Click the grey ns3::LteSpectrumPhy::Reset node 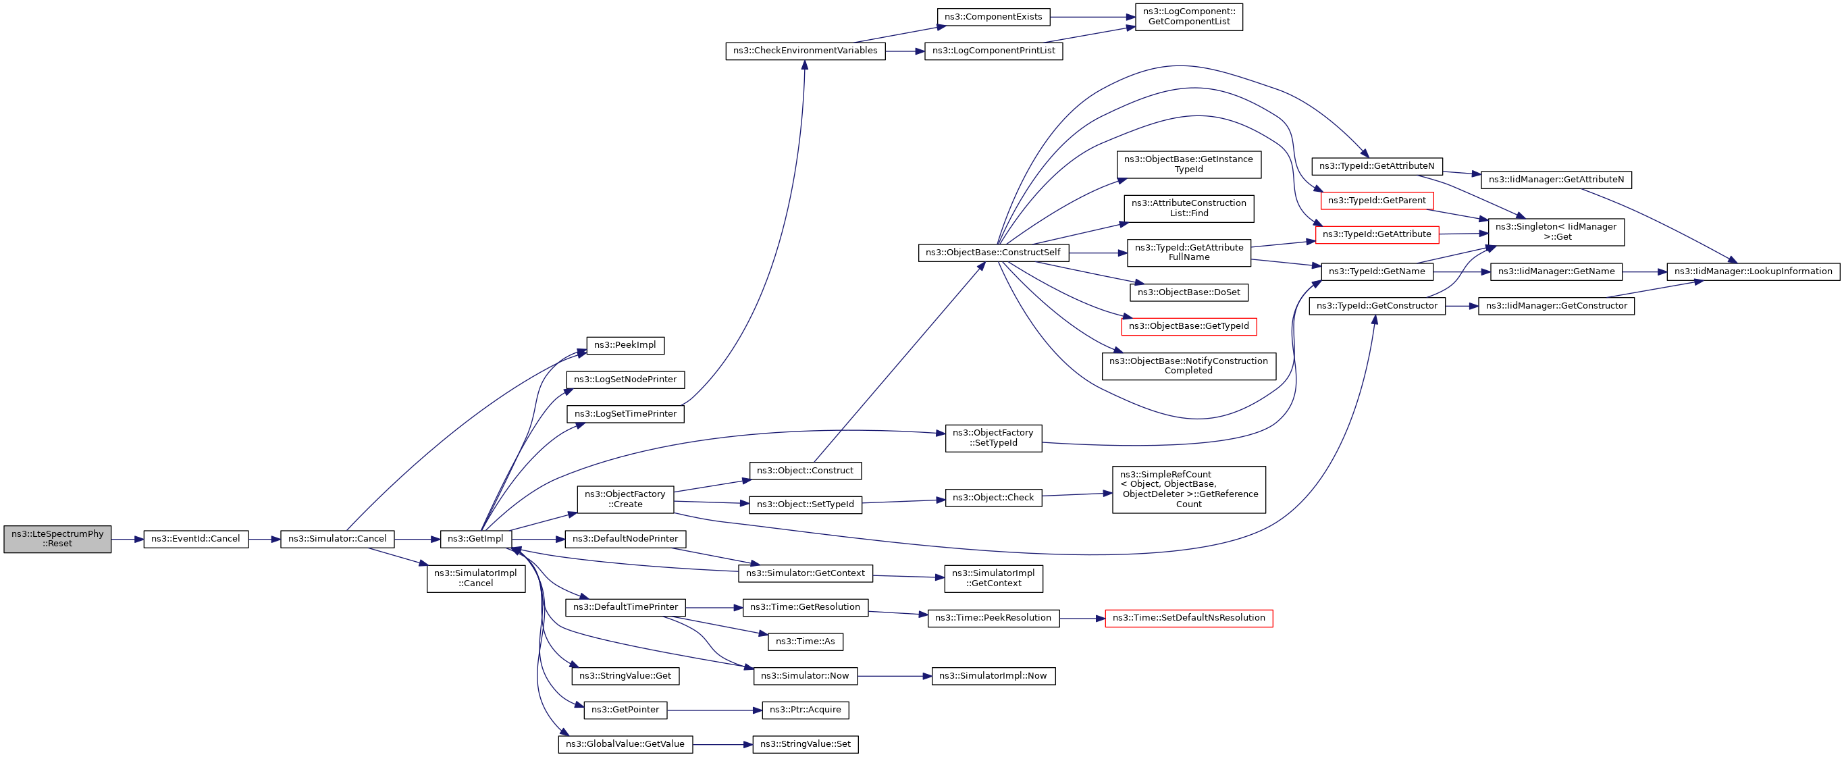pyautogui.click(x=57, y=539)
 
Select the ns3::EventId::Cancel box pyautogui.click(x=195, y=540)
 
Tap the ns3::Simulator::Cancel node pyautogui.click(x=337, y=540)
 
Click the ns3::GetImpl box pyautogui.click(x=475, y=540)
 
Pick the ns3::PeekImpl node pyautogui.click(x=625, y=345)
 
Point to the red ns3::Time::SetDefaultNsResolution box pyautogui.click(x=1188, y=618)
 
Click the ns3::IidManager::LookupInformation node pyautogui.click(x=1752, y=271)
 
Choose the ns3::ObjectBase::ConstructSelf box pyautogui.click(x=993, y=253)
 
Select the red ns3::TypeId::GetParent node pyautogui.click(x=1377, y=201)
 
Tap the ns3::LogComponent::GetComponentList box pyautogui.click(x=1188, y=16)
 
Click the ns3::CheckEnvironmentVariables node pyautogui.click(x=805, y=51)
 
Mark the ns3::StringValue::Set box pyautogui.click(x=805, y=744)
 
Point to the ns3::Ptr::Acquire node pyautogui.click(x=805, y=710)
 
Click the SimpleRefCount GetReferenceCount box pyautogui.click(x=1188, y=489)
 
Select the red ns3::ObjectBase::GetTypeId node pyautogui.click(x=1188, y=327)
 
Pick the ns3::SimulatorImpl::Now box pyautogui.click(x=992, y=675)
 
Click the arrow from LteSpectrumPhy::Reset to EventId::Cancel pyautogui.click(x=128, y=540)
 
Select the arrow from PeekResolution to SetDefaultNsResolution pyautogui.click(x=1082, y=618)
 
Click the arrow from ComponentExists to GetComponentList pyautogui.click(x=1092, y=17)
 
